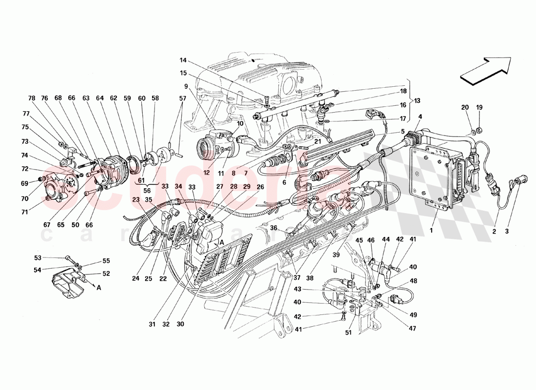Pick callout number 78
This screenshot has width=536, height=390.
(x=32, y=98)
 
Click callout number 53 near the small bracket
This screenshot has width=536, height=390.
(x=51, y=257)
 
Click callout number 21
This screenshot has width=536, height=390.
(x=317, y=141)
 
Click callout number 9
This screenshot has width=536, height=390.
(x=186, y=86)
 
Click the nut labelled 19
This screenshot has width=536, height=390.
(x=479, y=130)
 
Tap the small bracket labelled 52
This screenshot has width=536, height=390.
(x=68, y=282)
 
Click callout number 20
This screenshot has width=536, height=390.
(x=464, y=107)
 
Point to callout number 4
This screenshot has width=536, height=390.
(x=420, y=116)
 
